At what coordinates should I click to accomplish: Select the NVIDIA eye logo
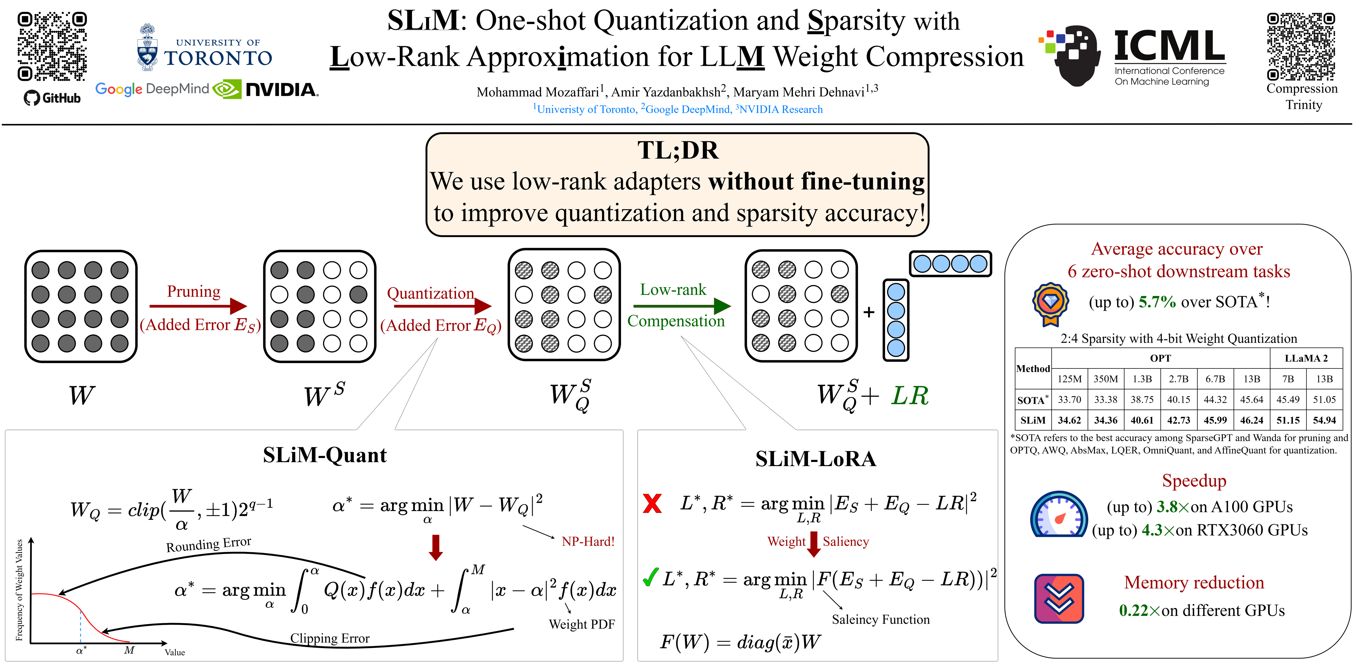tap(227, 89)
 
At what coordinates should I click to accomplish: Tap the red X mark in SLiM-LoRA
tap(652, 503)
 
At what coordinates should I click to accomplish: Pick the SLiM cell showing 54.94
tap(1324, 420)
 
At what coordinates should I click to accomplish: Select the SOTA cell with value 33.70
tap(1069, 400)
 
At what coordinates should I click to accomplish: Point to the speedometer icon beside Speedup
tap(1058, 514)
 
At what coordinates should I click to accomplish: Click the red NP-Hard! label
tap(588, 541)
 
